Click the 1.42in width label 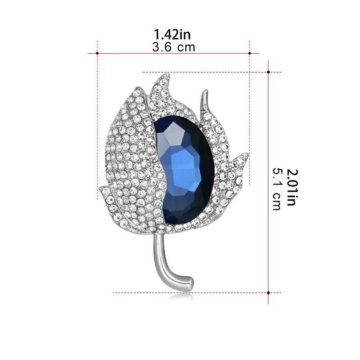(172, 35)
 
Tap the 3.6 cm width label (174, 47)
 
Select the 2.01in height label (292, 187)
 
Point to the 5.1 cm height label (277, 189)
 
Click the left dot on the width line (97, 53)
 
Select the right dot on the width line (250, 53)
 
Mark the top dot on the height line (268, 72)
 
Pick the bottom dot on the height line (268, 293)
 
